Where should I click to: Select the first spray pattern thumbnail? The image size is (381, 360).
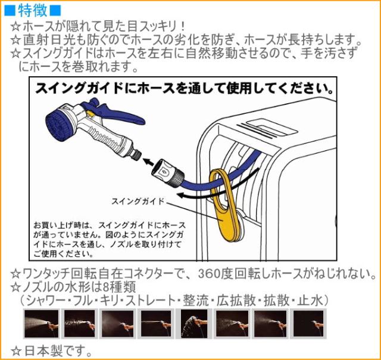(41, 324)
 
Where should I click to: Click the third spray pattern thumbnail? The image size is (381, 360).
(118, 324)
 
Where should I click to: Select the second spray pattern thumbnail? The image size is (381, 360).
(79, 324)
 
